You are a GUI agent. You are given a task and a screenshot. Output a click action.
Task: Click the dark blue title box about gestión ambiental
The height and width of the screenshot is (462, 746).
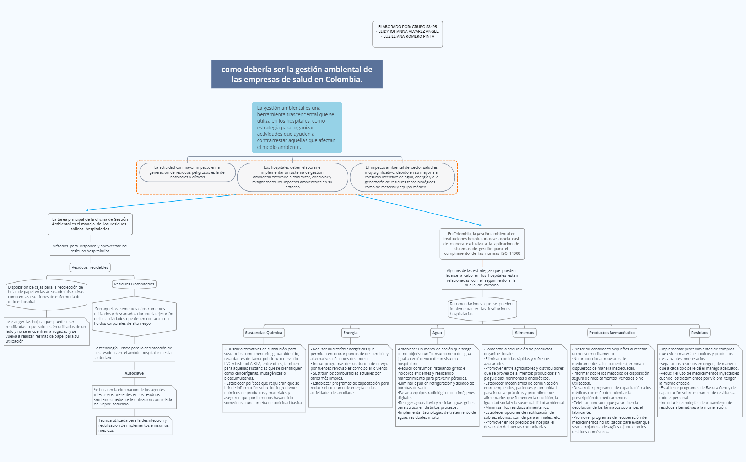tap(297, 74)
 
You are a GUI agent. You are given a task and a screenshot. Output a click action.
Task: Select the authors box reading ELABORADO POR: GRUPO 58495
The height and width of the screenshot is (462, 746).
tap(407, 34)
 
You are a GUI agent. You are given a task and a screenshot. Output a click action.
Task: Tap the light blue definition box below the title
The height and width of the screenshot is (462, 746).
tap(297, 127)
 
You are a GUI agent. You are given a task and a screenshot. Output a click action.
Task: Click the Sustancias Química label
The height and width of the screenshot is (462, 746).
tap(264, 333)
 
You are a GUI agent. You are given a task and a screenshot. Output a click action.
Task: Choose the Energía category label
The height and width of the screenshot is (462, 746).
tap(350, 333)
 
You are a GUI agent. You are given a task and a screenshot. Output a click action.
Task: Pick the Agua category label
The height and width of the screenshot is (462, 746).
tap(437, 333)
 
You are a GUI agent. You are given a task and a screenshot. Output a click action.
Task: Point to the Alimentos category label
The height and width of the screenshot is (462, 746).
tap(524, 333)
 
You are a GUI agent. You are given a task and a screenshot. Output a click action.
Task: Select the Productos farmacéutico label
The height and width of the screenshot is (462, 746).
tap(612, 333)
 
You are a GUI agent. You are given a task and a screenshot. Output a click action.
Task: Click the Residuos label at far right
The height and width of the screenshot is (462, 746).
tap(699, 333)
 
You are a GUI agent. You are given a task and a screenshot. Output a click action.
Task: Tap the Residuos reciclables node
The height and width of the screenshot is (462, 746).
tap(90, 267)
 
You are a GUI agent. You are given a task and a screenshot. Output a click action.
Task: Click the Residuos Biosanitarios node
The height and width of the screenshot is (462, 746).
tap(134, 284)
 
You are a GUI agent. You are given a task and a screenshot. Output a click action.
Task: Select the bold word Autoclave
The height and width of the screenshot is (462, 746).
tap(134, 373)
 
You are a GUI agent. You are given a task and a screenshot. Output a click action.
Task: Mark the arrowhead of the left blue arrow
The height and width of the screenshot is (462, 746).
tap(87, 210)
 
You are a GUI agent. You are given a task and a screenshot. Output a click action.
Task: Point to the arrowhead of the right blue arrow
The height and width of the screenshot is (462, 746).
tap(480, 225)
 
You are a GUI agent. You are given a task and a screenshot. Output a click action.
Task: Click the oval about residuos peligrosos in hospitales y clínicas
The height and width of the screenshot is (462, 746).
tap(187, 172)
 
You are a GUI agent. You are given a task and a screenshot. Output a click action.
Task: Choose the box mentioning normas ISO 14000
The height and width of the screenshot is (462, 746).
tap(482, 244)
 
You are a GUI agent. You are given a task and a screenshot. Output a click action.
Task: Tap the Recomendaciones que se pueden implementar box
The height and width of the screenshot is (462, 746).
tap(482, 309)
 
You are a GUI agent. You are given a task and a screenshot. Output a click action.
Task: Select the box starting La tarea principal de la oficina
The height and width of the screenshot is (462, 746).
tap(90, 224)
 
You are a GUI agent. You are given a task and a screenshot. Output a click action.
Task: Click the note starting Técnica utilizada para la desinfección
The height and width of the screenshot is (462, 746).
tap(134, 425)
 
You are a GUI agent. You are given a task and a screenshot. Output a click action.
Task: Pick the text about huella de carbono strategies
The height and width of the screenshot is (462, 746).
tap(482, 278)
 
